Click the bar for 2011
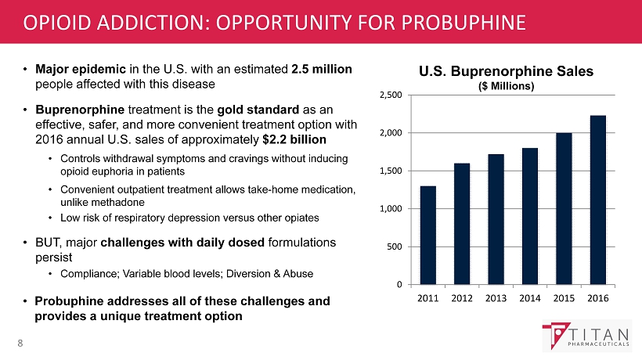tap(428, 235)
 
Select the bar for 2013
tap(496, 219)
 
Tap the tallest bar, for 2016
tap(597, 200)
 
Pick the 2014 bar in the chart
tap(530, 216)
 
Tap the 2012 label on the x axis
tap(462, 298)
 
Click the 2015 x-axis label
tap(564, 298)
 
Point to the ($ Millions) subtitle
tap(506, 86)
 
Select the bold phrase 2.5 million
tap(322, 70)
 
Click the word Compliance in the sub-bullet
tap(86, 274)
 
